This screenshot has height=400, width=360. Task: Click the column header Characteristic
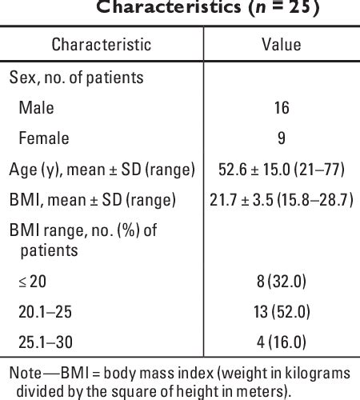click(x=102, y=45)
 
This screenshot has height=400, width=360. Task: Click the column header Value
click(x=282, y=45)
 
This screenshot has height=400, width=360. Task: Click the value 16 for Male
click(x=282, y=108)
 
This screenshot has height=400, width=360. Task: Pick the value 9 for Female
click(x=282, y=138)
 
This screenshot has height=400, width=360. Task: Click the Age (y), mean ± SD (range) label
click(x=101, y=169)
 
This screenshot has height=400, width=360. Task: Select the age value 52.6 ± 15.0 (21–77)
click(x=282, y=169)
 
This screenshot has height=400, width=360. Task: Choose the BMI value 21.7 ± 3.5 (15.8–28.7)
click(x=282, y=199)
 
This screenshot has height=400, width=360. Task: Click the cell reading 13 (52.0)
click(x=282, y=310)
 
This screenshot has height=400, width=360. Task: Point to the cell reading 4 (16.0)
click(x=282, y=341)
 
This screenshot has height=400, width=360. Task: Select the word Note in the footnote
click(x=24, y=372)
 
